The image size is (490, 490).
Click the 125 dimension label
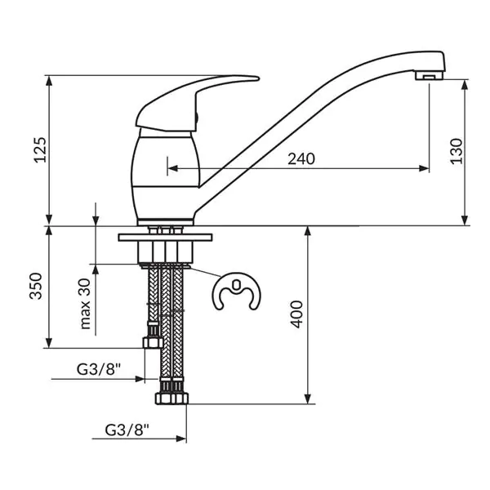coord(40,149)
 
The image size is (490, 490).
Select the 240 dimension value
coord(301,158)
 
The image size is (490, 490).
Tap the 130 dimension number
coord(457,151)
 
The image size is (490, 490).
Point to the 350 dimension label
coord(36,287)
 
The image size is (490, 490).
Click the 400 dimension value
coord(296,314)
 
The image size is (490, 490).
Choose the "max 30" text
coord(85,304)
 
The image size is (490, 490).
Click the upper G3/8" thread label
coord(99,370)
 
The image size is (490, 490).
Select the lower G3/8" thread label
coord(127,430)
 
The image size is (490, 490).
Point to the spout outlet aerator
coord(430,76)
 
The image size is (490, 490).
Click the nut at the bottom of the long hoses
coord(171,399)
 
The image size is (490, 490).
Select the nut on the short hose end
coord(153,343)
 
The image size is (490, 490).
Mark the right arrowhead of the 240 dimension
coord(424,169)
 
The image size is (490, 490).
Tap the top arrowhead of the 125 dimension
coord(49,81)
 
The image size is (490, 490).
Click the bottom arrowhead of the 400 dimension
coord(308,399)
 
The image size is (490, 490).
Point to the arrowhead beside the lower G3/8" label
coord(181,439)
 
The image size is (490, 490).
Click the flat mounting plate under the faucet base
coord(165,237)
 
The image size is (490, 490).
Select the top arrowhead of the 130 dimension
coord(465,85)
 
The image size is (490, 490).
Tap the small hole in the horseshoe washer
coord(237,285)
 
